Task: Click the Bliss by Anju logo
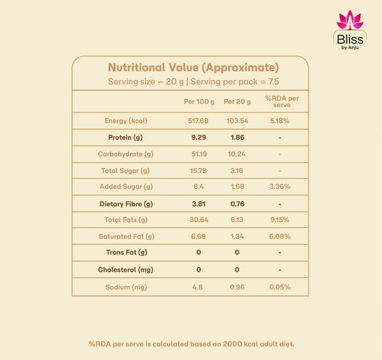350,30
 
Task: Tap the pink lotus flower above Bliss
350,20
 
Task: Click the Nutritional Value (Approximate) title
194,67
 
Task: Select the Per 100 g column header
199,102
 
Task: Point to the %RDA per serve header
282,102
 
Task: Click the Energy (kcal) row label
126,121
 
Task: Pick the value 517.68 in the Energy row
198,121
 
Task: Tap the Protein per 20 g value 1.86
237,137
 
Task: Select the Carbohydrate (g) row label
125,154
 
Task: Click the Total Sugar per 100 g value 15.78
198,170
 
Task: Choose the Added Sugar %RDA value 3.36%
279,186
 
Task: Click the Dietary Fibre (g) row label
126,204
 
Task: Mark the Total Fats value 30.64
199,220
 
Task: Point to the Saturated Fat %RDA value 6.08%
279,237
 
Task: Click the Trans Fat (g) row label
127,252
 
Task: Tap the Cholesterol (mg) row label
125,270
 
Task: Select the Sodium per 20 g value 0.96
237,287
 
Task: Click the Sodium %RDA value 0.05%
279,287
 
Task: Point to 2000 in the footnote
232,344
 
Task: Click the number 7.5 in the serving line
274,81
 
